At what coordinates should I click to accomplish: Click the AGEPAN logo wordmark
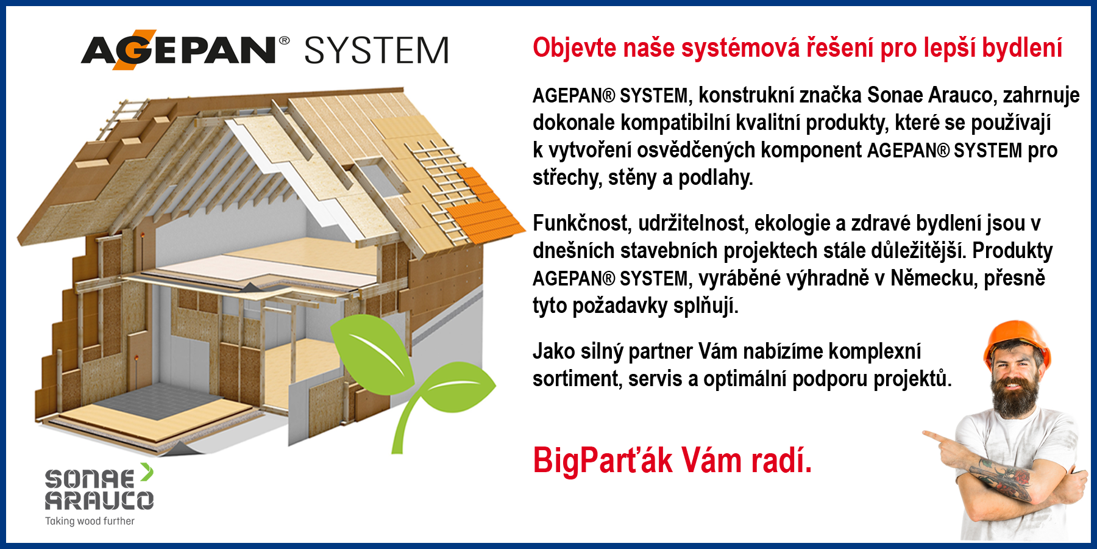(x=179, y=49)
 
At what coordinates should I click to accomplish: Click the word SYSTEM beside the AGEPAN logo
(x=377, y=50)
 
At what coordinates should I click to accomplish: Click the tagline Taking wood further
(x=90, y=521)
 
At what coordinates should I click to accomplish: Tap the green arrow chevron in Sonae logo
(x=146, y=472)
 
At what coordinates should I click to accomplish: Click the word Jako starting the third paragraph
(x=554, y=352)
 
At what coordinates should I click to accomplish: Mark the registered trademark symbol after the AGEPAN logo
(x=284, y=40)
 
